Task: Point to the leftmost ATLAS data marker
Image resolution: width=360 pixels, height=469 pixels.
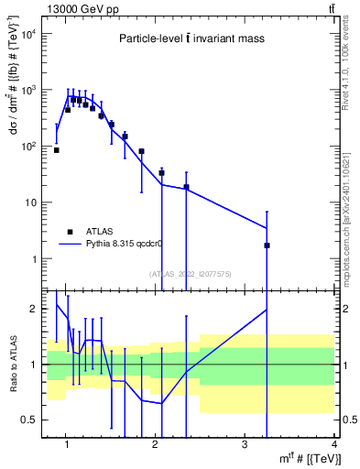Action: [x=57, y=150]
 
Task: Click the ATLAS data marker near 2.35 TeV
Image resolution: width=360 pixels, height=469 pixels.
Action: [x=186, y=187]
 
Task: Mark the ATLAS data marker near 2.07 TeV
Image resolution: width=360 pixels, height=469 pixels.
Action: [x=161, y=172]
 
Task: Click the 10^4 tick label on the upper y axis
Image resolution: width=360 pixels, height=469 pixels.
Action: [x=28, y=34]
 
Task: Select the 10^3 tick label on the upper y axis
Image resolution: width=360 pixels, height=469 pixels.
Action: [x=28, y=91]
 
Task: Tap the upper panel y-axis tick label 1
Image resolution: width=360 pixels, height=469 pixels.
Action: [x=34, y=259]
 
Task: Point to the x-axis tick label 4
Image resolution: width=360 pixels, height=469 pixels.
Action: [x=333, y=444]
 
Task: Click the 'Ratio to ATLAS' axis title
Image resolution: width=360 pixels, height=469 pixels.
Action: [x=12, y=365]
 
